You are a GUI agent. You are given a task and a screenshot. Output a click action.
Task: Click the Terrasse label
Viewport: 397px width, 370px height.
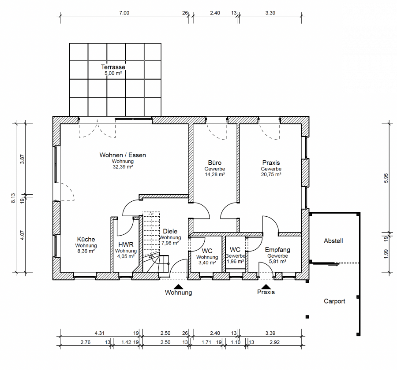(x=113, y=67)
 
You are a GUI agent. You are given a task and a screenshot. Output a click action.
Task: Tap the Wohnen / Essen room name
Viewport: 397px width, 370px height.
(x=123, y=155)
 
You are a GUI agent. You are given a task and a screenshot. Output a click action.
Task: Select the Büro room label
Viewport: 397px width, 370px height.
(x=215, y=163)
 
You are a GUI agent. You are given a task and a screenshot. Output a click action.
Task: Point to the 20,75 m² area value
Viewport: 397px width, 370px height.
(x=271, y=174)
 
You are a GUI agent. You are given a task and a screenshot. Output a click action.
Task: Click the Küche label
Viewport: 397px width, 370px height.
(x=86, y=239)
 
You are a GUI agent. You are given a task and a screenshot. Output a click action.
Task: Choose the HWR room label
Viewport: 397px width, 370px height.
(x=126, y=244)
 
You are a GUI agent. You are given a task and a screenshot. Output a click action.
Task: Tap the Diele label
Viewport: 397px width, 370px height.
(x=170, y=231)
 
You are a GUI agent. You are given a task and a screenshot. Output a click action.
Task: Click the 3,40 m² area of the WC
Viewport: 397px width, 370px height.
(x=207, y=263)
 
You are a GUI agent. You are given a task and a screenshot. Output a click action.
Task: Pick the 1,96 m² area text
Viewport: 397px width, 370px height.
(x=236, y=262)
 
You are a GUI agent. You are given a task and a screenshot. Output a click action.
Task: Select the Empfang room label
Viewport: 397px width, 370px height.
(x=277, y=250)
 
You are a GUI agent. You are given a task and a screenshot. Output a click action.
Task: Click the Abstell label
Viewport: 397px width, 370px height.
(x=333, y=241)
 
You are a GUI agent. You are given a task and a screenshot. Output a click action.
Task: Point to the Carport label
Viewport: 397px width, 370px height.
(x=334, y=301)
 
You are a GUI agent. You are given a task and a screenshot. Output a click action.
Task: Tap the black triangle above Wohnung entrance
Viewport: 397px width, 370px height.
(x=179, y=287)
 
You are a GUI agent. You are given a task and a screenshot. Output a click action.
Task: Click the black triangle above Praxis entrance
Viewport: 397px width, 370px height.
(x=266, y=287)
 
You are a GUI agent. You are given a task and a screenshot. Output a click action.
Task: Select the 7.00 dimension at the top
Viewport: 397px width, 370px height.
(x=124, y=13)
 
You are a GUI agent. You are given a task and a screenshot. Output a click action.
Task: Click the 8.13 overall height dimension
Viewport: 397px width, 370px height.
(x=13, y=198)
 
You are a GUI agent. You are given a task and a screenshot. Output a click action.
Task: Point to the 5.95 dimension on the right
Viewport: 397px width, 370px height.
(x=386, y=178)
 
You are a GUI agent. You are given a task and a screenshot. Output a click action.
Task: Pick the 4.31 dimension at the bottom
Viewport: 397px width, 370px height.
(x=100, y=333)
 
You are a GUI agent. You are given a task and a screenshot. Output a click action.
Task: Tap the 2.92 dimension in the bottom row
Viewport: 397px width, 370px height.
(x=275, y=342)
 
